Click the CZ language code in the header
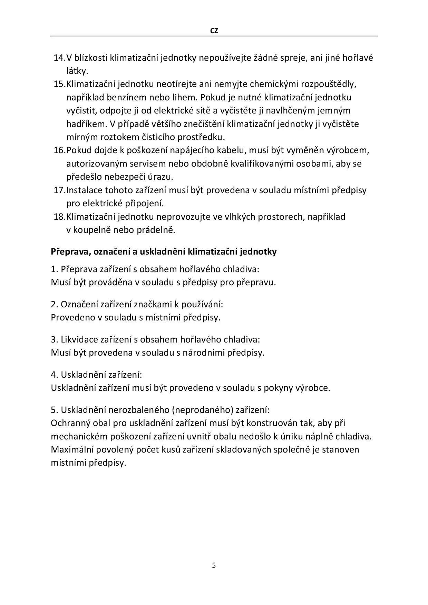(x=214, y=31)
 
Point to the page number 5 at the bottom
(x=214, y=565)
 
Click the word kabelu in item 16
(x=231, y=150)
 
